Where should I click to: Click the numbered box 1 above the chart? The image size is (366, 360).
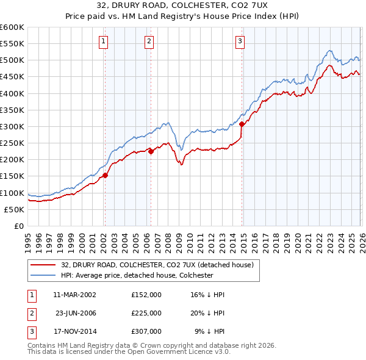click(x=104, y=41)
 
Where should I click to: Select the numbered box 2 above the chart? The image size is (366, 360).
click(x=149, y=41)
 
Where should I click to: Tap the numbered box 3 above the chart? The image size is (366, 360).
click(x=240, y=41)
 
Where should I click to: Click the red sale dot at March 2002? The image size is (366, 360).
click(x=105, y=175)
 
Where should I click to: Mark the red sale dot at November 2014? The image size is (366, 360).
click(x=242, y=124)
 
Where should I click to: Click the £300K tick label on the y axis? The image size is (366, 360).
click(x=12, y=126)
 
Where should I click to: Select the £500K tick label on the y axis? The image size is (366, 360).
click(x=12, y=60)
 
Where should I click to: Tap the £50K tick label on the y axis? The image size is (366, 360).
click(x=15, y=209)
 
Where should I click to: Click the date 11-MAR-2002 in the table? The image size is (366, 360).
click(x=74, y=294)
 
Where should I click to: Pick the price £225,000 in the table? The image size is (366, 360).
click(x=146, y=312)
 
